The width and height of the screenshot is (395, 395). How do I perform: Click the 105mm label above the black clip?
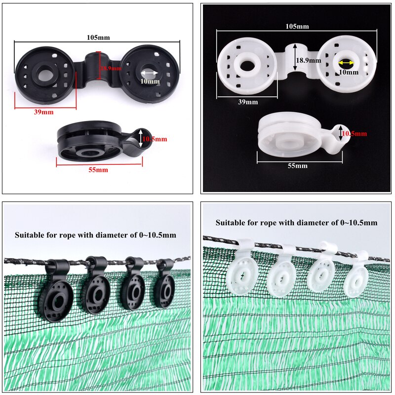point(98,38)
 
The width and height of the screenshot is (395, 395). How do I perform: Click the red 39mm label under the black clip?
point(43,112)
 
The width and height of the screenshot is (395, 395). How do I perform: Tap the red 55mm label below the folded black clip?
point(98,170)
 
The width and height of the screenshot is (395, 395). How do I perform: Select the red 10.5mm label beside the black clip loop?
point(155,139)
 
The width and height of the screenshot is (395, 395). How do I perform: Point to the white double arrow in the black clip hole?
point(150,73)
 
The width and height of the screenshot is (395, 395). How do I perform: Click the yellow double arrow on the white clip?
point(347,63)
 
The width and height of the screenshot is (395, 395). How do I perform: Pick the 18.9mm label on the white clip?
point(308,60)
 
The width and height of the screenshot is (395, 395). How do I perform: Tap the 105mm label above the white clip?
point(297,26)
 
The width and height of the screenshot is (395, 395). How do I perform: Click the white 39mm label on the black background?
point(248,102)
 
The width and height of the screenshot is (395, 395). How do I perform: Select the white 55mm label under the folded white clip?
point(298,165)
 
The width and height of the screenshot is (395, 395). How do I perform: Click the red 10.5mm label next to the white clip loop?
point(354,133)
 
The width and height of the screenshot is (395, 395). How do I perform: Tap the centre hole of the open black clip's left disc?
point(44,74)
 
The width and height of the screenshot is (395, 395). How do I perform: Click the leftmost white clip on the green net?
point(239,269)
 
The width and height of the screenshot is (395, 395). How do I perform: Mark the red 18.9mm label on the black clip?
point(111,68)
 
